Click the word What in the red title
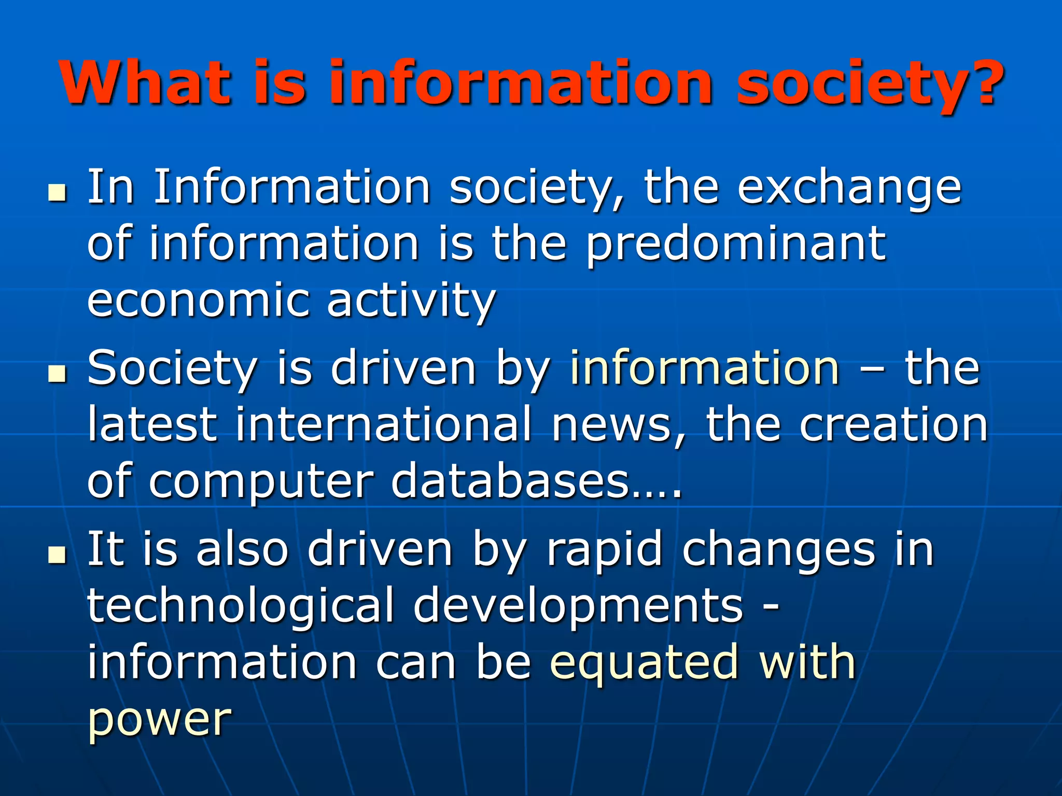click(x=145, y=83)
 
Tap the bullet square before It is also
click(x=57, y=555)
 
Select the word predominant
click(x=736, y=245)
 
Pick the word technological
click(x=240, y=607)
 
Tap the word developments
click(x=578, y=607)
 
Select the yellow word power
click(x=159, y=720)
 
